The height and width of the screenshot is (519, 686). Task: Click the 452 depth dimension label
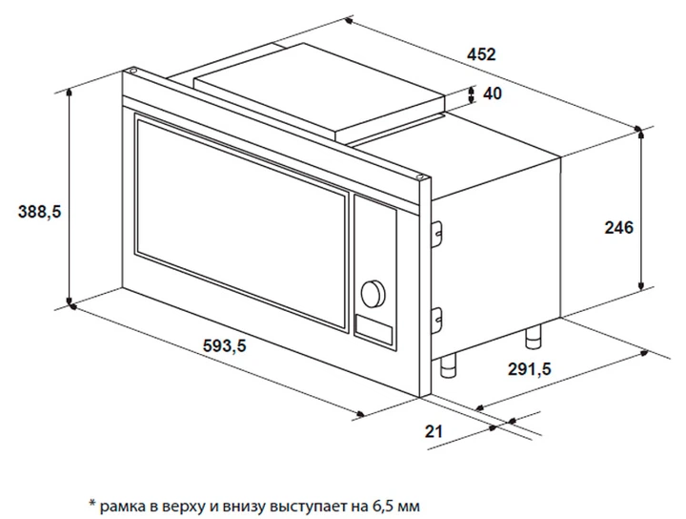pos(482,54)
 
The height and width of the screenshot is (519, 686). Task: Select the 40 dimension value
pos(493,93)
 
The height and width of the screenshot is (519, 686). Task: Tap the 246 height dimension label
pos(619,227)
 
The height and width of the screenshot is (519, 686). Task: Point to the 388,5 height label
pos(39,213)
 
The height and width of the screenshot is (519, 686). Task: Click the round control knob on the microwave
pos(373,292)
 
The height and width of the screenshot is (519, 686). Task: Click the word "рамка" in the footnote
pos(121,503)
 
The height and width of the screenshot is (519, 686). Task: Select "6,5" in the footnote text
pos(374,503)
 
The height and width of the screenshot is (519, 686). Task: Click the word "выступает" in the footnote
pos(303,503)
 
